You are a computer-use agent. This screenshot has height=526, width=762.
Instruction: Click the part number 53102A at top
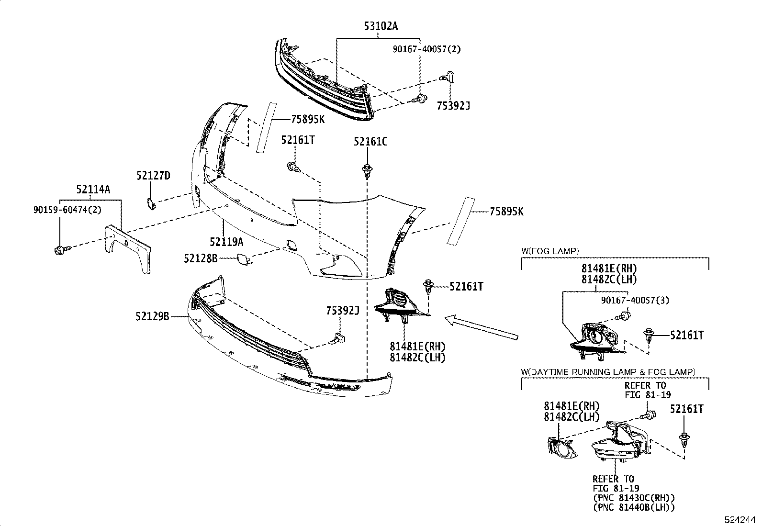pyautogui.click(x=381, y=26)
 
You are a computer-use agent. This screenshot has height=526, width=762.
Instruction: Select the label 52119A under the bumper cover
pyautogui.click(x=226, y=242)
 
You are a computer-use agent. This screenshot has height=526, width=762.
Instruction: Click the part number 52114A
pyautogui.click(x=93, y=190)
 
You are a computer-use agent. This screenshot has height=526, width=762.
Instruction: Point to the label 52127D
pyautogui.click(x=153, y=176)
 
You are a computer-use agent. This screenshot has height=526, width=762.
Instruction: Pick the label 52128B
pyautogui.click(x=201, y=258)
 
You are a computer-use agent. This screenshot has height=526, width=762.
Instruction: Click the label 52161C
pyautogui.click(x=370, y=141)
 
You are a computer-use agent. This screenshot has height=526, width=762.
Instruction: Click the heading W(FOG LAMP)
pyautogui.click(x=550, y=250)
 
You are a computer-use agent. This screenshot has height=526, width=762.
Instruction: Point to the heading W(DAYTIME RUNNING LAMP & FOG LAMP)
pyautogui.click(x=608, y=371)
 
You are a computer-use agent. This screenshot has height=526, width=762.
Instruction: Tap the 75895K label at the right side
pyautogui.click(x=506, y=211)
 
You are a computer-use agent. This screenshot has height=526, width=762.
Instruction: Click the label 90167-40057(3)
pyautogui.click(x=635, y=300)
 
